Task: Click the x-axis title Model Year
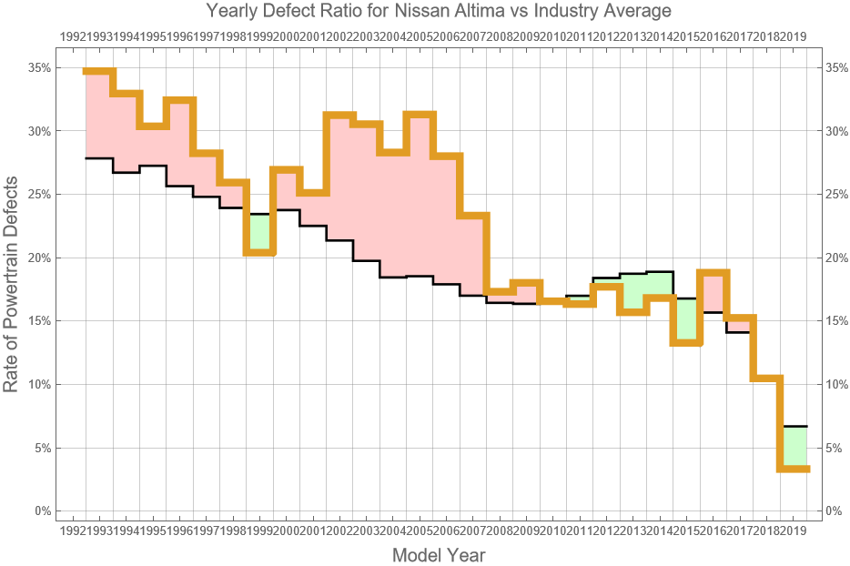pos(438,554)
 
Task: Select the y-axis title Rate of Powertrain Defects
pos(12,285)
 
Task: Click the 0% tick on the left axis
pos(42,510)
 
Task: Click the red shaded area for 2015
pos(713,292)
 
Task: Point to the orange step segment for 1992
pos(99,72)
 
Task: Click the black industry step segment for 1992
pos(99,158)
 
